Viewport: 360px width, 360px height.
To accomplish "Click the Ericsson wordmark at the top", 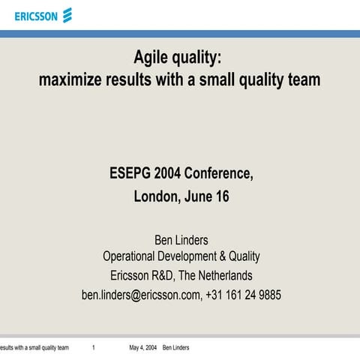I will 36,15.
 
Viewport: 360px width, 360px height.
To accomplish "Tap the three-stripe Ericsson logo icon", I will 67,15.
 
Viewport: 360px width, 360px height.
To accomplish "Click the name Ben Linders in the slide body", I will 180,240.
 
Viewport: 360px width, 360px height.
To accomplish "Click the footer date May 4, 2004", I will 142,348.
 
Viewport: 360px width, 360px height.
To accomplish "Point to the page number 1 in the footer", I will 93,348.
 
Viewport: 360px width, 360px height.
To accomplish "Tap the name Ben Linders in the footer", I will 175,348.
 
